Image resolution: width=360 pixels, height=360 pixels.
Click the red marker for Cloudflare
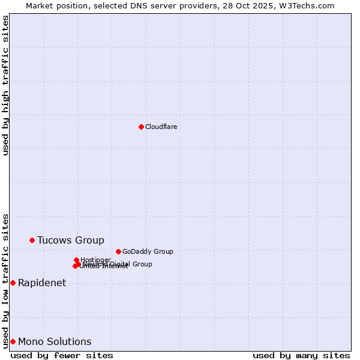pyautogui.click(x=141, y=127)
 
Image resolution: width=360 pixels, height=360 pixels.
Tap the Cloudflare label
pyautogui.click(x=161, y=127)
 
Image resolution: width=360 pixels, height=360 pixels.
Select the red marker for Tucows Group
pyautogui.click(x=32, y=240)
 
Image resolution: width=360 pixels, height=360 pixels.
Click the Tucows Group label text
pyautogui.click(x=70, y=240)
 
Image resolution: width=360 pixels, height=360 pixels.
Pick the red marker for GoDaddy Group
pyautogui.click(x=118, y=251)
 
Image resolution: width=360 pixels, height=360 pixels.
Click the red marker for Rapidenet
pyautogui.click(x=13, y=283)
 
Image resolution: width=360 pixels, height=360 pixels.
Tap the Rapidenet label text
pyautogui.click(x=42, y=283)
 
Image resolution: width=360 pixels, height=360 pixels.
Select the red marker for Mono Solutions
pyautogui.click(x=13, y=341)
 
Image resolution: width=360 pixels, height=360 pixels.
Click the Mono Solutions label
pyautogui.click(x=55, y=341)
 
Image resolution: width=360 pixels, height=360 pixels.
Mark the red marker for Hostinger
pyautogui.click(x=76, y=260)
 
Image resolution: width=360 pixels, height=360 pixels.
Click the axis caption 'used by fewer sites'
pyautogui.click(x=62, y=355)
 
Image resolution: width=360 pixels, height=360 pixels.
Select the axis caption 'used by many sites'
pyautogui.click(x=301, y=355)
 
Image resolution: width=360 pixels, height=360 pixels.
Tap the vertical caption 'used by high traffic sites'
pyautogui.click(x=5, y=85)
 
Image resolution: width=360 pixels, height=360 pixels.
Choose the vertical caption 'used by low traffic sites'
pyautogui.click(x=5, y=280)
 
